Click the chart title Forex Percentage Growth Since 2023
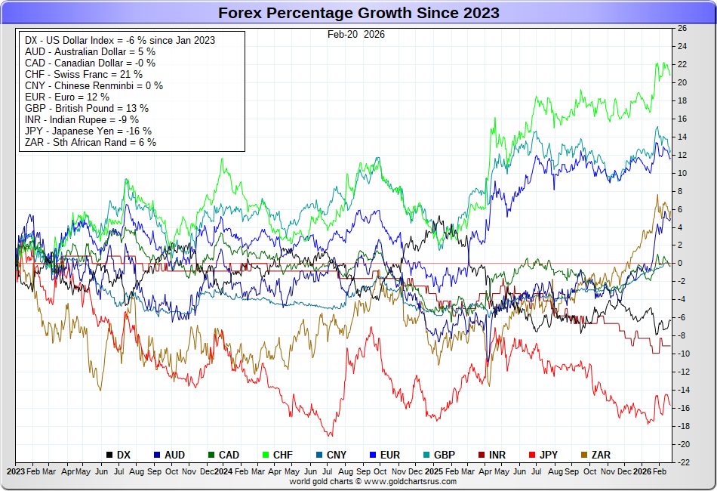click(358, 14)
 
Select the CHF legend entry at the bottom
click(277, 455)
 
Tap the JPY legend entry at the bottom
click(543, 455)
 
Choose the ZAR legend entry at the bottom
click(595, 455)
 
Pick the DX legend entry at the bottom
click(118, 455)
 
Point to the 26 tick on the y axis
click(682, 29)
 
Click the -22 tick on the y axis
click(681, 462)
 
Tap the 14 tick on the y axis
click(682, 137)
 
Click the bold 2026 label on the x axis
click(642, 471)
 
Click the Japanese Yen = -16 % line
click(88, 130)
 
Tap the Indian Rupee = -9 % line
click(82, 119)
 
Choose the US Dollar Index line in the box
click(120, 40)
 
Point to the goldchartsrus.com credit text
click(373, 481)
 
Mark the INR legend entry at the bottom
click(492, 455)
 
